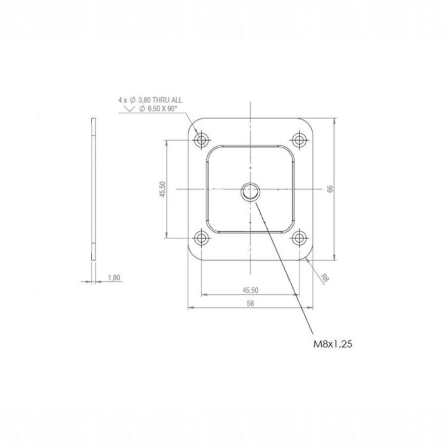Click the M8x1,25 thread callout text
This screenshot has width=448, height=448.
click(332, 344)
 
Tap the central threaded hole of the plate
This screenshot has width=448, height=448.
click(250, 192)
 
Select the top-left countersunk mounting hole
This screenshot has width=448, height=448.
click(201, 140)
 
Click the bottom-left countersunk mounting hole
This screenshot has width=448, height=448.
click(201, 238)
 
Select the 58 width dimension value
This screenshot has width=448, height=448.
click(250, 303)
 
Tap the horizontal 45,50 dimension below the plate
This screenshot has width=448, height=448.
click(250, 290)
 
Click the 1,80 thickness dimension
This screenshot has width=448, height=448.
click(114, 277)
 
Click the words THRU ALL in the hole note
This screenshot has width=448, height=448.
click(167, 100)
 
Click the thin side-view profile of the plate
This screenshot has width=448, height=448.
click(94, 189)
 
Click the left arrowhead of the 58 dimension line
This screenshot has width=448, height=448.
click(190, 308)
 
